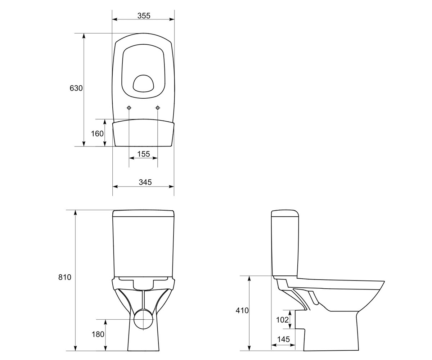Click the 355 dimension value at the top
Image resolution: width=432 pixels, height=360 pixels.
[144, 16]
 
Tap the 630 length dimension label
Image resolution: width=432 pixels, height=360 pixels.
[76, 88]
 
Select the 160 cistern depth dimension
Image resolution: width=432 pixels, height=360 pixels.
[97, 134]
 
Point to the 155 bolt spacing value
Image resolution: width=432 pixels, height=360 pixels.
[144, 154]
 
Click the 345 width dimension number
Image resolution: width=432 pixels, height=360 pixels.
[145, 182]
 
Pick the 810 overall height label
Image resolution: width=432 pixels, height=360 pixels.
[64, 277]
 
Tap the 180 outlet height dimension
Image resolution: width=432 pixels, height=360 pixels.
[98, 334]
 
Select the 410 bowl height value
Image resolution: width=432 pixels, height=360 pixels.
[242, 310]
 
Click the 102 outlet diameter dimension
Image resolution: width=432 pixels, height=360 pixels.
[282, 320]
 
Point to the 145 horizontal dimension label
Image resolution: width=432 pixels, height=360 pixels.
[283, 339]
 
